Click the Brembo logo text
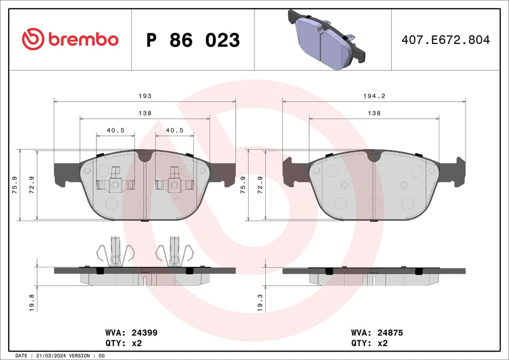(83, 39)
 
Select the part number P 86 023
(193, 40)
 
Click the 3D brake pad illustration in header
(326, 37)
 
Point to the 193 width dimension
(145, 96)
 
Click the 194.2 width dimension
(373, 96)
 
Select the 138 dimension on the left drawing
(145, 113)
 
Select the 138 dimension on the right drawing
(373, 113)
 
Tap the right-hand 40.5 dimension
(175, 130)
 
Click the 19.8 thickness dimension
(32, 303)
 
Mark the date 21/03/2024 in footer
(54, 356)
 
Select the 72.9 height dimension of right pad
(260, 185)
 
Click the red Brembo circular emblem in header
(32, 39)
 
